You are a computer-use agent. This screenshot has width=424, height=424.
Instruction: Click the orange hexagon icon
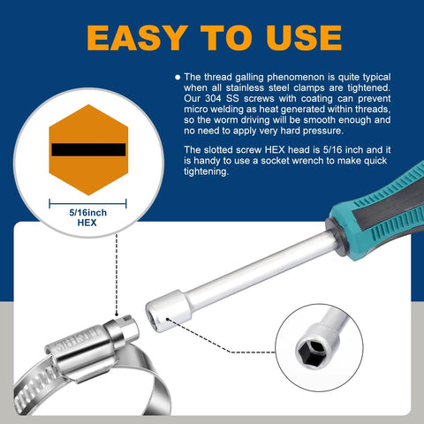tap(87, 149)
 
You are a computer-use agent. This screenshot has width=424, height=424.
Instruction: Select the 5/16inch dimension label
tap(87, 213)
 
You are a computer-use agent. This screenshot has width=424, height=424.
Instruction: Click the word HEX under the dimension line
tap(87, 224)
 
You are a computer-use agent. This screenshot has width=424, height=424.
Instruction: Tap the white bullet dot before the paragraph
tap(178, 77)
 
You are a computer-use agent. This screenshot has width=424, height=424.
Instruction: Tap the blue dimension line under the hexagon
tap(87, 202)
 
